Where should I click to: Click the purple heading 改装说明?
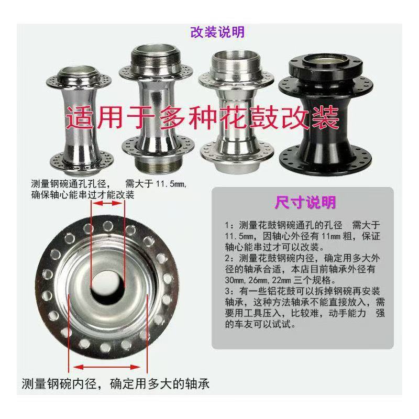point(217,32)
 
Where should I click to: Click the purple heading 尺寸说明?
point(305,203)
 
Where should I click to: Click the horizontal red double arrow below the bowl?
point(108,367)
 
